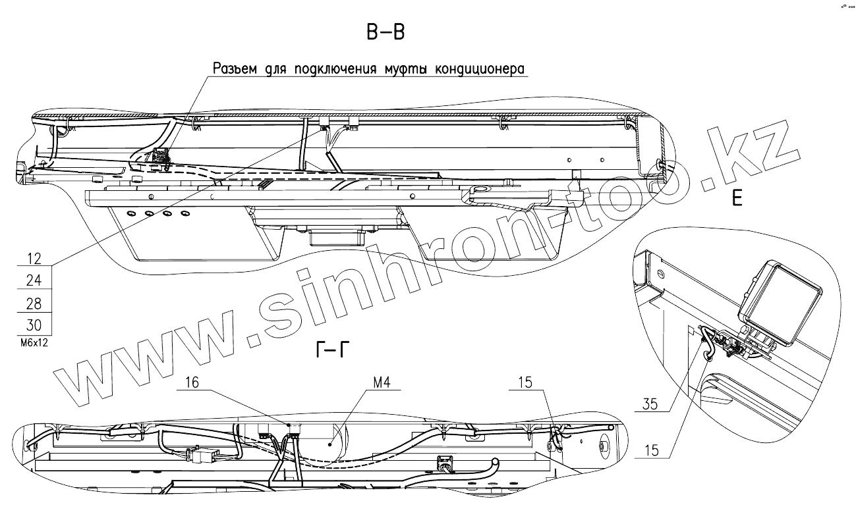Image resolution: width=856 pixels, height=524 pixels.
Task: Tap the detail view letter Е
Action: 737,198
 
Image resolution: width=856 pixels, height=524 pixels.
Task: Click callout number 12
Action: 33,257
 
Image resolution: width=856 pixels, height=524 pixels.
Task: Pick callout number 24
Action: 33,281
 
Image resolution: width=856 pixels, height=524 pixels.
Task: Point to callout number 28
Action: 33,304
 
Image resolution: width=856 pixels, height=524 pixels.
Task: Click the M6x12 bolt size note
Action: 32,343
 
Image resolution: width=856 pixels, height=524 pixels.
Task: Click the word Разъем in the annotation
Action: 234,69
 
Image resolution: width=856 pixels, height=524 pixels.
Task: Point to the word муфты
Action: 401,69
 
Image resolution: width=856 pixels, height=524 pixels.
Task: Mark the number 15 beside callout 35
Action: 650,451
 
